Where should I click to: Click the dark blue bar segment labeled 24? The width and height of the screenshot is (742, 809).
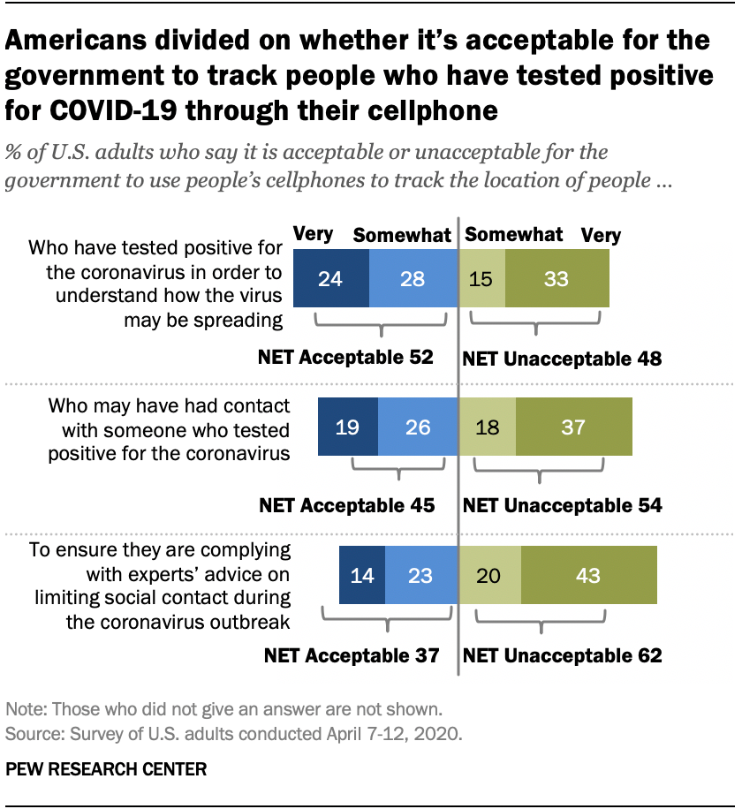tap(330, 278)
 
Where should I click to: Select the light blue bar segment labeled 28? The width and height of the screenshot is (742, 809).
tap(413, 278)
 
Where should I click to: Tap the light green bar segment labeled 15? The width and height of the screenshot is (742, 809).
tap(482, 278)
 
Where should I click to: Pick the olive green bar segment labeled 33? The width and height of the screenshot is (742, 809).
tap(556, 278)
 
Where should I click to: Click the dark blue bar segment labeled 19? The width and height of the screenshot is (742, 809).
tap(348, 427)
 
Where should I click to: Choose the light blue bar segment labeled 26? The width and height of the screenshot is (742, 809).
tap(418, 427)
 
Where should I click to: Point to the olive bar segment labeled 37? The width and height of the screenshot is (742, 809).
tap(574, 427)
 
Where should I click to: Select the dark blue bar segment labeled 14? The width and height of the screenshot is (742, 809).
tap(362, 575)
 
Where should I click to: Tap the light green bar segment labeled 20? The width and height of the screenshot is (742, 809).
tap(490, 575)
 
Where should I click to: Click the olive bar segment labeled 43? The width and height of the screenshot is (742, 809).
tap(588, 575)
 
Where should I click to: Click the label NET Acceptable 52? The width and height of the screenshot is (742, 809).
tap(345, 358)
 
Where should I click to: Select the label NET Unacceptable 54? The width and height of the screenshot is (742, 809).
tap(563, 506)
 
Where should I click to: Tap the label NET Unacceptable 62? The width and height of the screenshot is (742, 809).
tap(563, 655)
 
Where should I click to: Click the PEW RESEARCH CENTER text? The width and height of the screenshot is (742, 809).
tap(106, 768)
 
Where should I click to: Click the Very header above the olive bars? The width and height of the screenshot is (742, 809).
tap(601, 236)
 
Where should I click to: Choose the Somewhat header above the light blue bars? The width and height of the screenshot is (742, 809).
tap(402, 236)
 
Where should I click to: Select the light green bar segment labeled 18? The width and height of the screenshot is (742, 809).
tap(488, 427)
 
